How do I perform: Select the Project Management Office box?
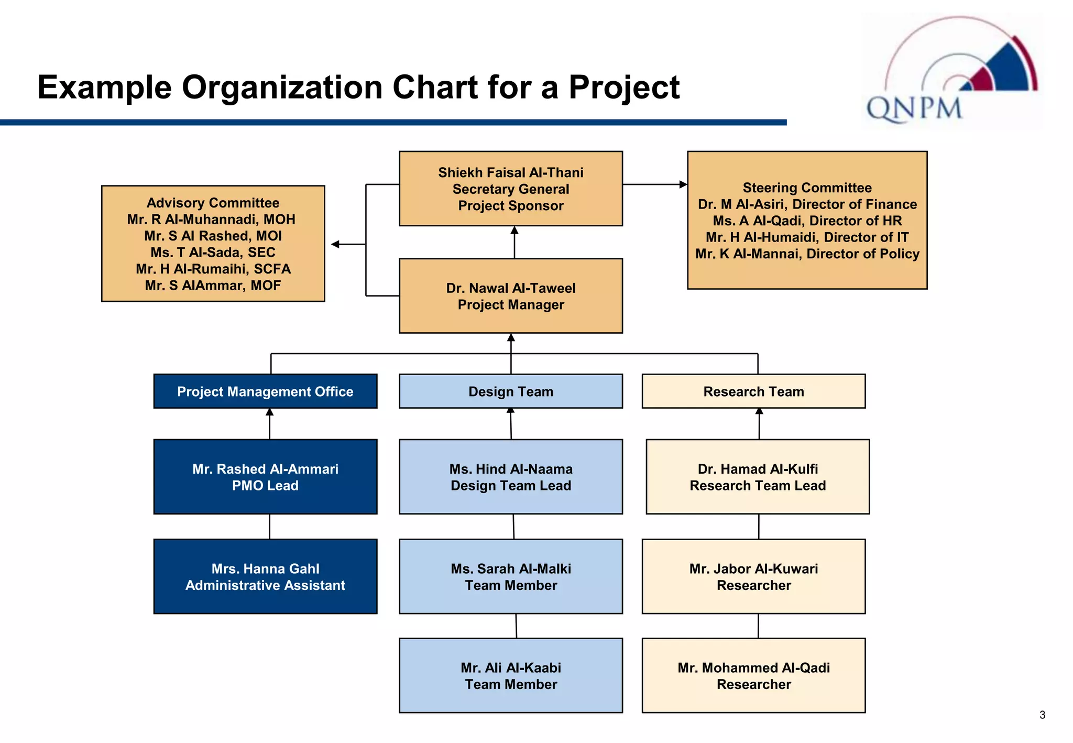pos(265,391)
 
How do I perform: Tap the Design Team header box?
pos(511,391)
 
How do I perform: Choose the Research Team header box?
pos(753,391)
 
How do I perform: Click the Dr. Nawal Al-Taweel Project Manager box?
pos(511,296)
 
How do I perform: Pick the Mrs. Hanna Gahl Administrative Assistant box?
pos(265,576)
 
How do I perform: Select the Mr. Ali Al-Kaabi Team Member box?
pos(511,675)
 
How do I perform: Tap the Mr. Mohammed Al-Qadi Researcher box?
pos(753,675)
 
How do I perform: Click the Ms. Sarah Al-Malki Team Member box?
pos(511,576)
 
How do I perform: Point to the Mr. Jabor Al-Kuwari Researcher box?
pos(753,576)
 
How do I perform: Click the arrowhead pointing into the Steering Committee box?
pos(683,184)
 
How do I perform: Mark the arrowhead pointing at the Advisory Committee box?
pos(335,244)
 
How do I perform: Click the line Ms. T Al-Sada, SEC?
pos(213,253)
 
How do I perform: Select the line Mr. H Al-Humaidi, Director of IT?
pos(807,237)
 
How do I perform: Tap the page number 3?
pos(1042,715)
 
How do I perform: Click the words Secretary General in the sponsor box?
pos(511,189)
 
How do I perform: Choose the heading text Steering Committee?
pos(807,188)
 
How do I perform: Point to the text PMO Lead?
pos(265,486)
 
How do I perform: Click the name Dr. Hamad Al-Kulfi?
pos(758,469)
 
